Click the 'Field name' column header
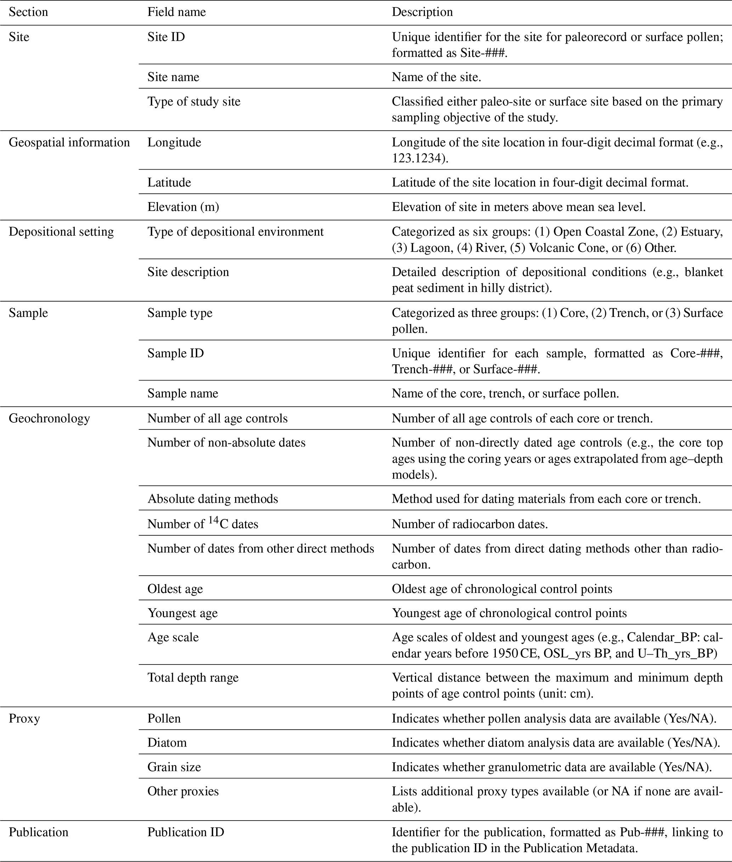176,12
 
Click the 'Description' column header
422,12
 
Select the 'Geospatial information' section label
69,143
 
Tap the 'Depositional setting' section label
61,232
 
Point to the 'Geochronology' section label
49,418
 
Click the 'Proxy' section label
24,719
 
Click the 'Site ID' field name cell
166,37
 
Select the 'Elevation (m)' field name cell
183,207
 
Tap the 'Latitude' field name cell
169,183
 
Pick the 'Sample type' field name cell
180,313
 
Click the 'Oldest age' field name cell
175,589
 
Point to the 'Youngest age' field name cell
183,613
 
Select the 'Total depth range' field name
193,678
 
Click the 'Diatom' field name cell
167,743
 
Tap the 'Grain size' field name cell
174,767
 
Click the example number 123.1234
418,159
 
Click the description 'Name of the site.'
436,77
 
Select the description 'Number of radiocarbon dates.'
470,524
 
